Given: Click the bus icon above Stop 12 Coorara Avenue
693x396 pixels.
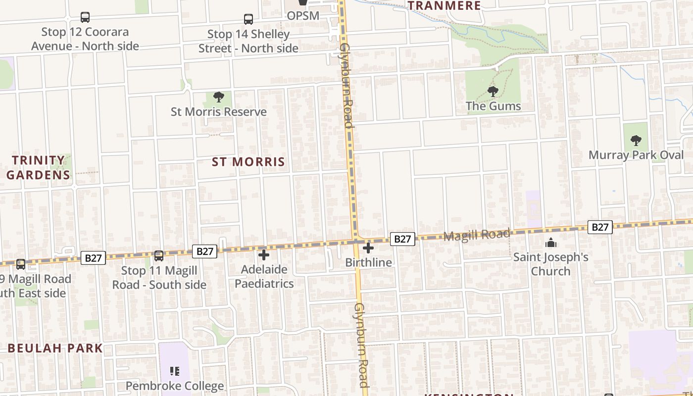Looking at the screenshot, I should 85,17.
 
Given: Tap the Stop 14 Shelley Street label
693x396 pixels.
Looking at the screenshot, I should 248,41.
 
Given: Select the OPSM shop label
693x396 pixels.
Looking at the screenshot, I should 303,16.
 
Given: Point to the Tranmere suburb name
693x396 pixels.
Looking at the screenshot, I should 444,6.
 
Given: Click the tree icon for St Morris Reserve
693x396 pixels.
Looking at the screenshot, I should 218,97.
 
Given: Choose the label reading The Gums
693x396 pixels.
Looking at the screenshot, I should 493,106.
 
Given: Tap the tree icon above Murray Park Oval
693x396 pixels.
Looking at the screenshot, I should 636,141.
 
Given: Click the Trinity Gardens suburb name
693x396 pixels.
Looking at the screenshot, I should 38,167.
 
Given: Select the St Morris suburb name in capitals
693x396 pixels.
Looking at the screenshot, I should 248,162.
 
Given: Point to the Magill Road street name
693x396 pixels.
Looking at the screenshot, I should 476,235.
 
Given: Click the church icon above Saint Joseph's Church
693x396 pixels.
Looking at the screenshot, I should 550,243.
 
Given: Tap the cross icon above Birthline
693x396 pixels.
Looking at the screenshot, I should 368,248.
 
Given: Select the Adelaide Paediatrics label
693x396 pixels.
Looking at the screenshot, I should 264,277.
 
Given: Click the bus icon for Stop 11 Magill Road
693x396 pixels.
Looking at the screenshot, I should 159,256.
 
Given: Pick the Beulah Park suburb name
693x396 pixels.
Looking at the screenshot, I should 55,348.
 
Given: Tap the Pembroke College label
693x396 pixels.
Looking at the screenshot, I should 174,386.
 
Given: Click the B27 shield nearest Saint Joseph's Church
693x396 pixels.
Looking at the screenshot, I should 600,227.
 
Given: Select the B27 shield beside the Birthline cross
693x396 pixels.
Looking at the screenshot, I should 402,239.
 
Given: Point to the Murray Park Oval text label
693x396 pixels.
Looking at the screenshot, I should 636,155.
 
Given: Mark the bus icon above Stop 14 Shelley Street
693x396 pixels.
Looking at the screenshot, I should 248,19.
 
